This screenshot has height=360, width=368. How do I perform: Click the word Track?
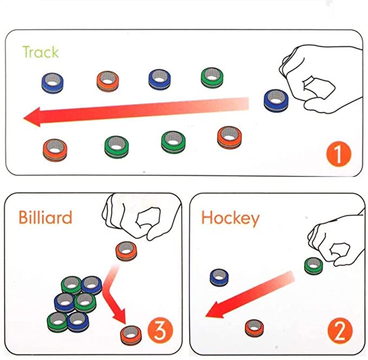(x=40, y=52)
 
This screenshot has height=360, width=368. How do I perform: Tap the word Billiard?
(x=45, y=217)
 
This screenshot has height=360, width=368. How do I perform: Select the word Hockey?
(x=230, y=218)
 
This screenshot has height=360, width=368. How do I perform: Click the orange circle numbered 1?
(x=339, y=153)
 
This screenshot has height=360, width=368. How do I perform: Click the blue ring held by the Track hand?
(x=274, y=100)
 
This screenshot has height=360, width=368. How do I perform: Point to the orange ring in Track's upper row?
(x=107, y=81)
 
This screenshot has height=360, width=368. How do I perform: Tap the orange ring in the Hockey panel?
(x=253, y=327)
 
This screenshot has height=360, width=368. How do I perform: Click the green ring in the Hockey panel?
(x=313, y=266)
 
